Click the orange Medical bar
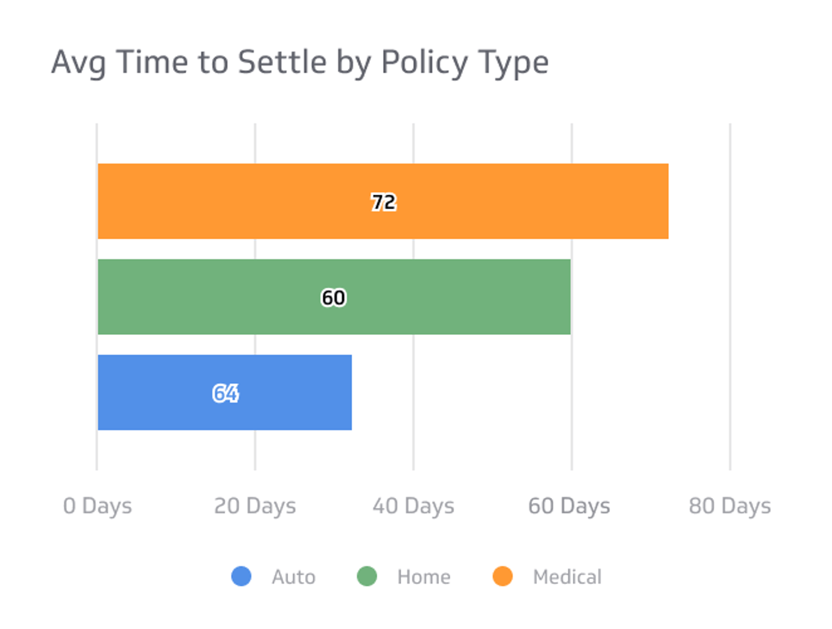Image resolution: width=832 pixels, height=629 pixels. (x=524, y=201)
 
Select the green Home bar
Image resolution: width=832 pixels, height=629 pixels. (x=454, y=296)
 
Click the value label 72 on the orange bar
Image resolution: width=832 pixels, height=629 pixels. (x=384, y=202)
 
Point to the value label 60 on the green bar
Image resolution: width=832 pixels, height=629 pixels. (x=334, y=298)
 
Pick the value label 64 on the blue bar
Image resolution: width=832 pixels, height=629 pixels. (x=225, y=393)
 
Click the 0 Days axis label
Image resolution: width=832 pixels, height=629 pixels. (x=97, y=506)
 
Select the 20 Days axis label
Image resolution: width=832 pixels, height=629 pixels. (x=255, y=506)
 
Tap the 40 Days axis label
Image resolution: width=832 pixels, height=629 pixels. (x=413, y=506)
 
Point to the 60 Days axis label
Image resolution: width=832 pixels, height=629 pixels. (x=569, y=506)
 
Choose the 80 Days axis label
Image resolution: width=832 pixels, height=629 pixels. (x=730, y=506)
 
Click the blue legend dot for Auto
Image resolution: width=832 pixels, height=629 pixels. (x=241, y=576)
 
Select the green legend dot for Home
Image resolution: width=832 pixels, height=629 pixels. (x=367, y=576)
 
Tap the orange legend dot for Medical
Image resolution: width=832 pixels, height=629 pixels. (x=502, y=576)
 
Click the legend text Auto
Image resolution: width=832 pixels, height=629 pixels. (x=293, y=577)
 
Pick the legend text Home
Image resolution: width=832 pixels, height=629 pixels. (x=424, y=577)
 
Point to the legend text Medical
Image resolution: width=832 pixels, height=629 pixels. (x=567, y=577)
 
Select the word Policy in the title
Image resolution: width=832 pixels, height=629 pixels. (x=424, y=63)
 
